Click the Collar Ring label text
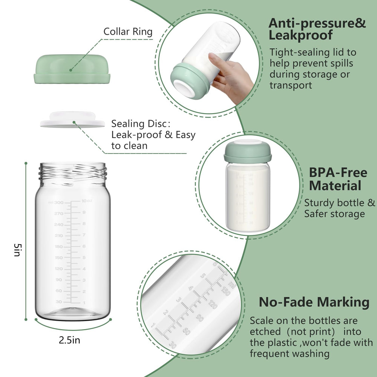click(x=128, y=31)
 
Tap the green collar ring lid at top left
click(x=72, y=69)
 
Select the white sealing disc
click(x=72, y=119)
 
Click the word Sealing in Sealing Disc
click(x=127, y=124)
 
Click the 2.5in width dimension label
click(x=69, y=340)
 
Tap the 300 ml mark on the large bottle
click(x=58, y=202)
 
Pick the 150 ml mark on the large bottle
click(x=58, y=258)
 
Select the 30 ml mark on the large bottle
click(x=59, y=302)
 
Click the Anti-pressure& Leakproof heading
click(x=317, y=29)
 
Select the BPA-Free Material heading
click(x=338, y=179)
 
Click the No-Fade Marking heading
click(x=314, y=302)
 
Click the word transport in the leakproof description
click(x=291, y=85)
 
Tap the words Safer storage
click(x=334, y=214)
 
